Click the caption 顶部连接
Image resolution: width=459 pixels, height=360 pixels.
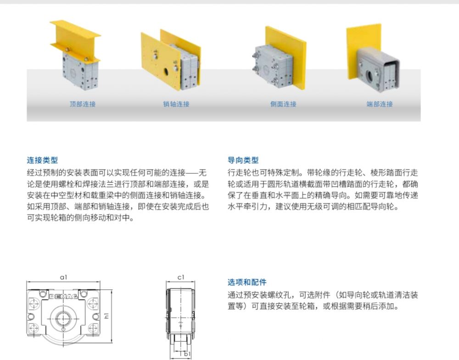coord(83,104)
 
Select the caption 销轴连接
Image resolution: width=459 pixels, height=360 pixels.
coord(176,104)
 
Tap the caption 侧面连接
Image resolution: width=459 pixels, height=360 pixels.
coord(283,104)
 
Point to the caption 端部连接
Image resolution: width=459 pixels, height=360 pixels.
coord(380,104)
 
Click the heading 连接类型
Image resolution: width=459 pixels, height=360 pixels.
coord(42,160)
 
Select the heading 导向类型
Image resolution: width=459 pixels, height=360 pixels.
coord(243,160)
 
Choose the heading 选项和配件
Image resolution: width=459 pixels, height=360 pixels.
coord(247,282)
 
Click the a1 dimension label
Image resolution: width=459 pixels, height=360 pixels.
coord(63,277)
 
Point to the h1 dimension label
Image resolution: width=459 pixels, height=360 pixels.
coord(106,315)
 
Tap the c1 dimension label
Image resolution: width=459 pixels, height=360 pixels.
coord(181,277)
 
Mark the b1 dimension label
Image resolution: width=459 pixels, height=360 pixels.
coord(187,354)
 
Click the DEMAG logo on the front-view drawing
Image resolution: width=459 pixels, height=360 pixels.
coord(63,297)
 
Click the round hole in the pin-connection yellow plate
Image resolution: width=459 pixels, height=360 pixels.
coord(166,71)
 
